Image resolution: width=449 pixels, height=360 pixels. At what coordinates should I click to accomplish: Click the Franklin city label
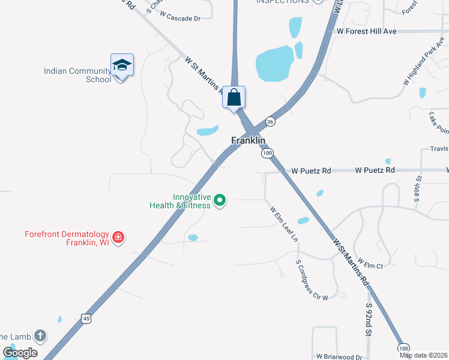(x=248, y=140)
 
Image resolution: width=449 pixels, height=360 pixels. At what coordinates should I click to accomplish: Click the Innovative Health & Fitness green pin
(x=220, y=200)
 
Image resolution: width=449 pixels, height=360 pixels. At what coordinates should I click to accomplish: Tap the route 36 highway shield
(x=270, y=122)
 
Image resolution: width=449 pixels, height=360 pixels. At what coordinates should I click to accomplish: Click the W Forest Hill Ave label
(x=367, y=31)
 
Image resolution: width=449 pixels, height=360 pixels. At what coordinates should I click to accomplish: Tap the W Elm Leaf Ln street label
(x=284, y=224)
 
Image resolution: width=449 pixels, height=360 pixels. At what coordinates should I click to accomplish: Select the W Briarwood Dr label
(x=340, y=356)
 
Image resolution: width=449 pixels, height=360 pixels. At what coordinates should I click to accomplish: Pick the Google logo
(x=20, y=353)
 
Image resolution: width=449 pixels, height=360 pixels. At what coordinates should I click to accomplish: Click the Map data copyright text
(x=424, y=355)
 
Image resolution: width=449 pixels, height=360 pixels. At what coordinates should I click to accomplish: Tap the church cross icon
(x=40, y=336)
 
